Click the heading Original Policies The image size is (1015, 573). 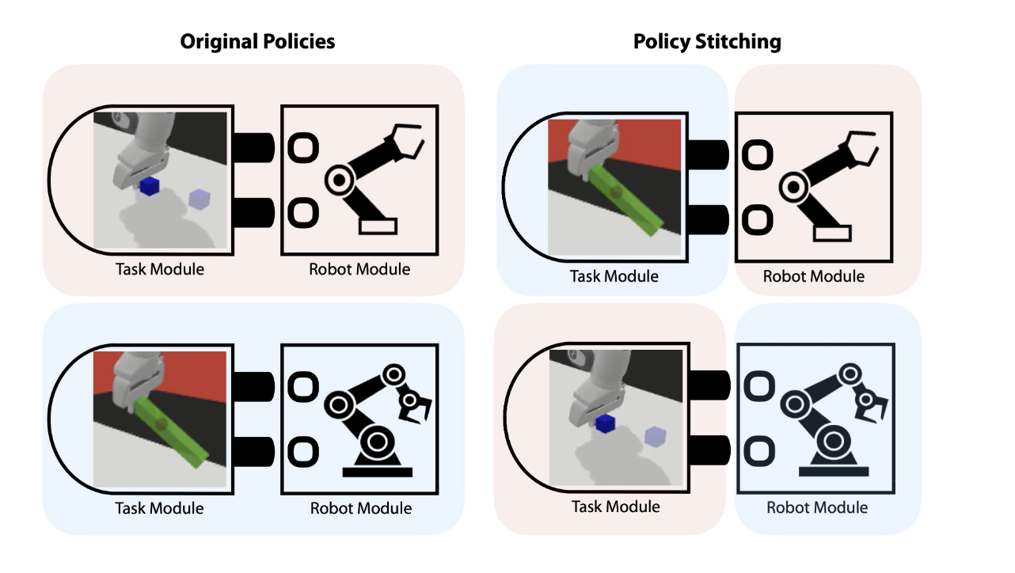tap(257, 42)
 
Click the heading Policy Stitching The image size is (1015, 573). tap(707, 42)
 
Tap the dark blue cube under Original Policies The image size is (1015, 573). tap(148, 186)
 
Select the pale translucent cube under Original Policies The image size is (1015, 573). tap(199, 199)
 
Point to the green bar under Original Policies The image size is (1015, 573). tap(169, 431)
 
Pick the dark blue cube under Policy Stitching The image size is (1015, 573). tap(606, 423)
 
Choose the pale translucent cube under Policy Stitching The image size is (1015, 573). tap(655, 435)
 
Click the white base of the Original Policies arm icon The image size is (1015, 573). tap(378, 226)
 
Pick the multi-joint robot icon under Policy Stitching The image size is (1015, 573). tap(831, 419)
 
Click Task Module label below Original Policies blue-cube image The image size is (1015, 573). tap(159, 269)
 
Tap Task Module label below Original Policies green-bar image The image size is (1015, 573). tap(159, 508)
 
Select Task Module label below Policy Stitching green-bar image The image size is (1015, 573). tap(614, 276)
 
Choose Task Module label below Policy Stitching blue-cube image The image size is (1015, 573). tap(615, 507)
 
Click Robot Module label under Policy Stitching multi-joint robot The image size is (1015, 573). tap(817, 507)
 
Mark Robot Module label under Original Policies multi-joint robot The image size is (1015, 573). tap(360, 508)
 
